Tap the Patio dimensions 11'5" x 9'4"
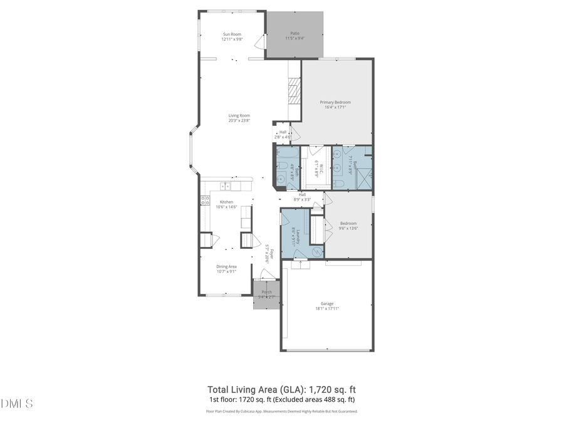point(295,39)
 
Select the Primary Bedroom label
point(335,102)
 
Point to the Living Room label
point(239,115)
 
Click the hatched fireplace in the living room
point(295,95)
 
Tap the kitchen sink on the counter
point(225,186)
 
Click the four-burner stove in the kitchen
point(204,201)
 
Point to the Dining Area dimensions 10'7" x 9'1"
point(226,271)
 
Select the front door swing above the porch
point(267,274)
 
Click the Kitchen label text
point(226,202)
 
